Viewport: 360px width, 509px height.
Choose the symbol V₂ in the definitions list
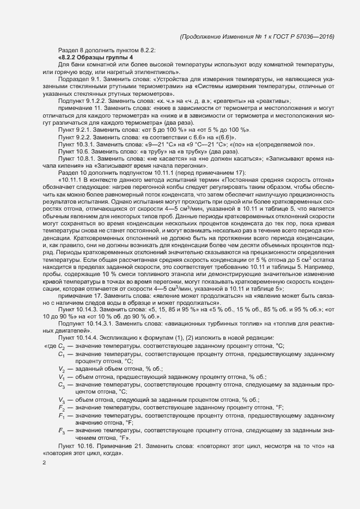62,369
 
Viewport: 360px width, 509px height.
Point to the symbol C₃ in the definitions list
62,384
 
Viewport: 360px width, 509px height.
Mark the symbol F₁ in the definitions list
62,415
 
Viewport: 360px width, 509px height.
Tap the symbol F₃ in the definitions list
62,431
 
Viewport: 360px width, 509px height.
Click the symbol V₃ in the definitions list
62,400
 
